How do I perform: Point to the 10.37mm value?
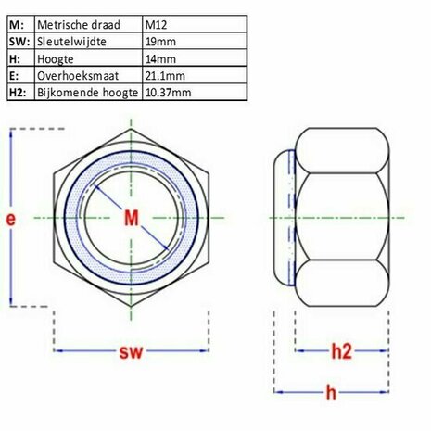pos(170,93)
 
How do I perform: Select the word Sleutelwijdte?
pos(73,43)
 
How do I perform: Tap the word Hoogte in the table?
pos(58,59)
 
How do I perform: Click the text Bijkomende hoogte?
pos(89,93)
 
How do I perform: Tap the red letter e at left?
pos(10,219)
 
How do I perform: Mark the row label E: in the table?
pos(16,76)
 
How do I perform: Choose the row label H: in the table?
pos(16,59)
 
